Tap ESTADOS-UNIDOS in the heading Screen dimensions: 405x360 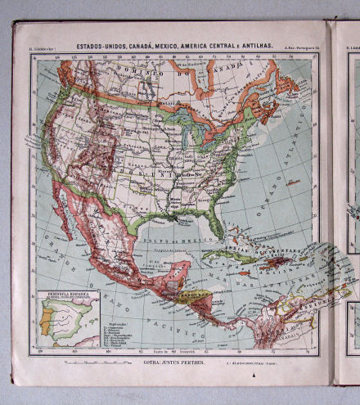tap(101, 47)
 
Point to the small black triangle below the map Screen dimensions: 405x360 tap(255, 375)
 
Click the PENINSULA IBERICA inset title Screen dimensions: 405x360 tap(67, 296)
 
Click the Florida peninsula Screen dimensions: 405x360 tap(217, 219)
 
